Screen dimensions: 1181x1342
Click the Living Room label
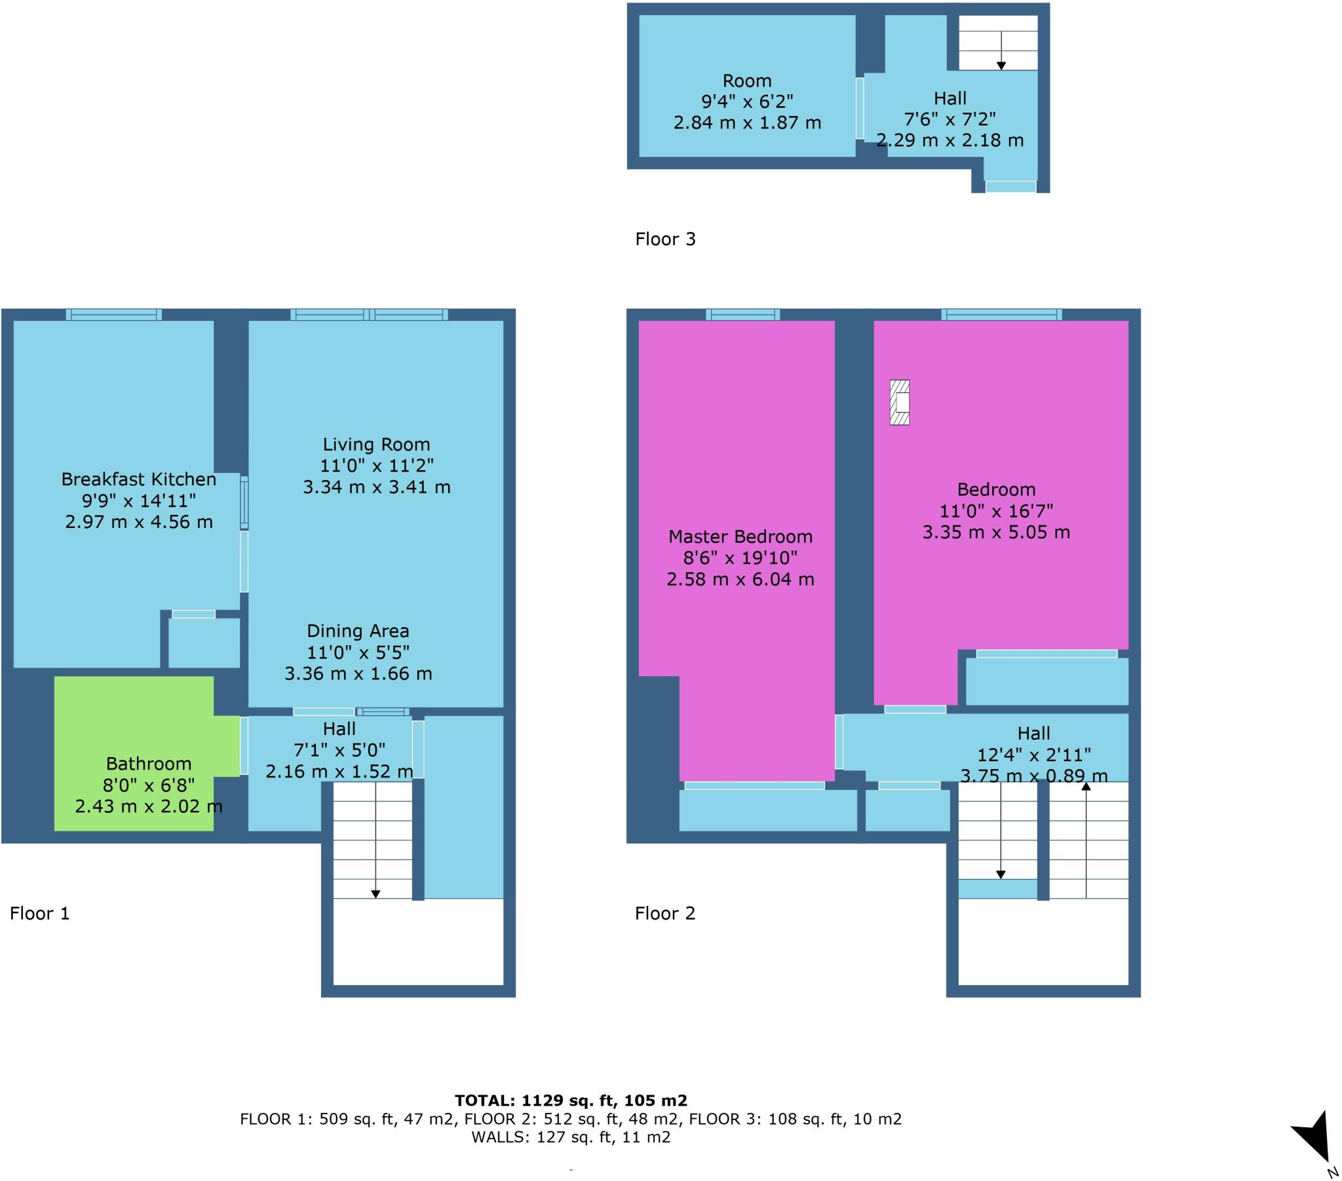pos(376,445)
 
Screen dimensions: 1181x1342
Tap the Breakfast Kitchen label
pos(138,479)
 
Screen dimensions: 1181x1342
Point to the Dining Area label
pos(358,631)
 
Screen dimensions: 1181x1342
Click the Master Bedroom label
pos(740,536)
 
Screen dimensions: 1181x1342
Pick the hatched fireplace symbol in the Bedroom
pos(900,402)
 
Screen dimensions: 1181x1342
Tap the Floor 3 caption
pos(664,239)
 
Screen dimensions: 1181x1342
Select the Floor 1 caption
pos(39,913)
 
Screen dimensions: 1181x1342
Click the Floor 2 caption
pos(664,913)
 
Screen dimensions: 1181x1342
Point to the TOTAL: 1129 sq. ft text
pos(571,1100)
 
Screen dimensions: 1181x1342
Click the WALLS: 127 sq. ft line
pos(571,1137)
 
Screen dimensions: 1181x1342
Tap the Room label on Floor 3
pos(746,81)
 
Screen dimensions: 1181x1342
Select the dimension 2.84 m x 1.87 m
pos(746,122)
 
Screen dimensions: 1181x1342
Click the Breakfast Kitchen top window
pos(113,314)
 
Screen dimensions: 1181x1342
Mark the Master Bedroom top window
pos(742,314)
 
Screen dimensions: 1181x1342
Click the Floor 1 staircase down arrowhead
pos(375,893)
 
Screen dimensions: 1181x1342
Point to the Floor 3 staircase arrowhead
pos(1001,66)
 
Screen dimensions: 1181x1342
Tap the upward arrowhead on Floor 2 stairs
pos(1086,786)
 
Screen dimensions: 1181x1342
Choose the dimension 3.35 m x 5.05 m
pos(996,532)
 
